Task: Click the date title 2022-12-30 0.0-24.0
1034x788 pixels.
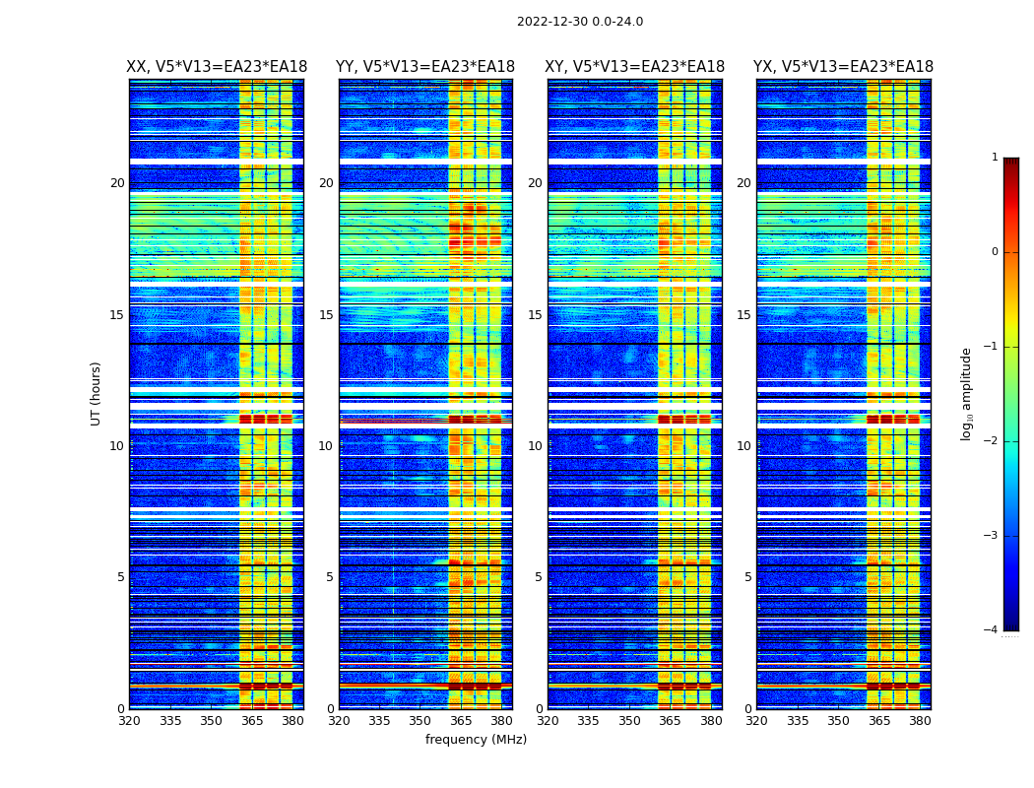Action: pyautogui.click(x=579, y=22)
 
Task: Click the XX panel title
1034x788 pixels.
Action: pyautogui.click(x=217, y=67)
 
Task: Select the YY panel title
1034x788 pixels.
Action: pyautogui.click(x=425, y=67)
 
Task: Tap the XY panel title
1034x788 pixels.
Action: pyautogui.click(x=635, y=67)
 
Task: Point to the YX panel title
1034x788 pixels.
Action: pyautogui.click(x=843, y=67)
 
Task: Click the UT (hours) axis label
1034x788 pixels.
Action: pyautogui.click(x=97, y=393)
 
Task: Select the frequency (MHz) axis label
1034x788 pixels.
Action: pyautogui.click(x=476, y=740)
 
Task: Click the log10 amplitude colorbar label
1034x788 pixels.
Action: pyautogui.click(x=967, y=393)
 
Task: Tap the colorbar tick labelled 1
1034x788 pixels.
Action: pyautogui.click(x=994, y=158)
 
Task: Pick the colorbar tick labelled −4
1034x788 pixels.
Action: pyautogui.click(x=991, y=630)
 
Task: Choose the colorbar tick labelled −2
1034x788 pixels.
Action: pyautogui.click(x=991, y=441)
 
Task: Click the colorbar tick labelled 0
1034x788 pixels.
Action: pyautogui.click(x=994, y=252)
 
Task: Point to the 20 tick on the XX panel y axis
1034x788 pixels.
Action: pyautogui.click(x=117, y=183)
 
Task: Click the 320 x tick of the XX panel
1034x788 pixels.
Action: pyautogui.click(x=129, y=721)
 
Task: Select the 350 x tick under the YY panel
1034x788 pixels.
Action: pyautogui.click(x=420, y=721)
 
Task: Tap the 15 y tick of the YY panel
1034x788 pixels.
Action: pyautogui.click(x=326, y=315)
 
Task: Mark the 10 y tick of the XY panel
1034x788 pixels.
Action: pyautogui.click(x=535, y=446)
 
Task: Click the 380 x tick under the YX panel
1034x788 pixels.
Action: pyautogui.click(x=920, y=721)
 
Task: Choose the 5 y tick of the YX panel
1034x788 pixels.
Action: pyautogui.click(x=747, y=577)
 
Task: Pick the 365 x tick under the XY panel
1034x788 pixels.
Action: pyautogui.click(x=670, y=721)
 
